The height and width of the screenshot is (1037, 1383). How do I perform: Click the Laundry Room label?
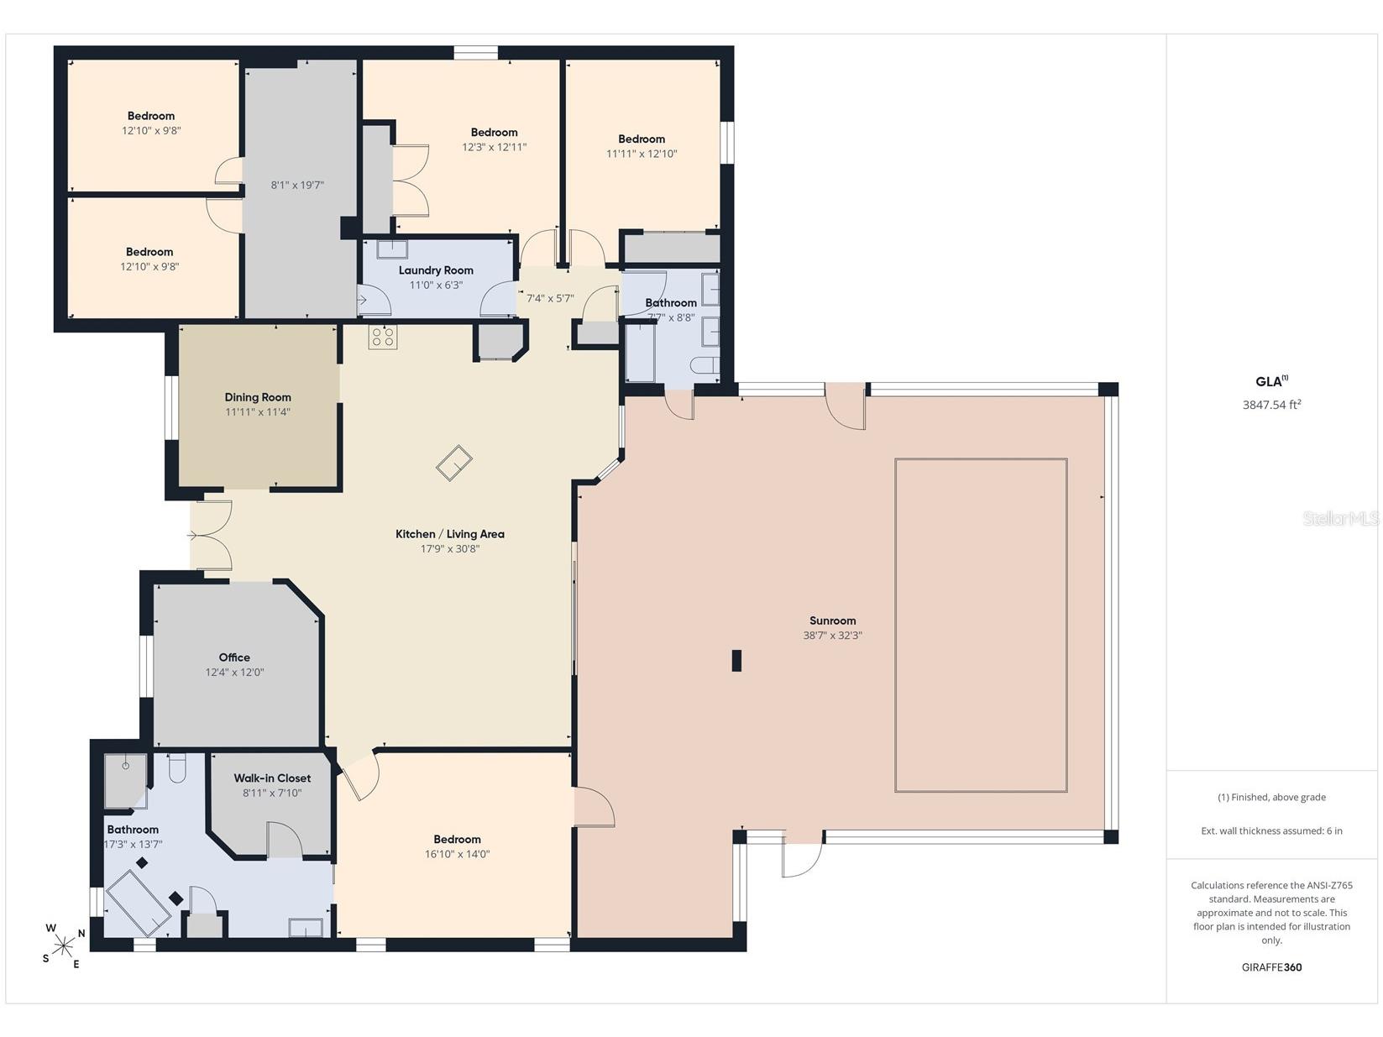[436, 270]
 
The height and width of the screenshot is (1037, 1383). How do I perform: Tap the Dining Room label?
[258, 397]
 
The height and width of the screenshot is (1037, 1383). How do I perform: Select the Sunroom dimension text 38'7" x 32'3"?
[832, 635]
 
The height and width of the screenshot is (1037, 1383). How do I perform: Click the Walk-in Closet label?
[272, 778]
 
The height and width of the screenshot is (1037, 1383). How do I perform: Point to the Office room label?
[234, 657]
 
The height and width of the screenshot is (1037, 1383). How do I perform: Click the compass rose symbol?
[64, 945]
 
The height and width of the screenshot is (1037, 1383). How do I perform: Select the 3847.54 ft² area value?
[1271, 405]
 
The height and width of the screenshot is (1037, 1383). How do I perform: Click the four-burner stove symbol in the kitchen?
[382, 337]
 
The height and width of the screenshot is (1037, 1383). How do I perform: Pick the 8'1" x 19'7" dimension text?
[297, 186]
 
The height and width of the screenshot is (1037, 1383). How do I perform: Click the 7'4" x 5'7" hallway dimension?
[550, 298]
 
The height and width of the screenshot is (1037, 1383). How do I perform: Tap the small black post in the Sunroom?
[736, 660]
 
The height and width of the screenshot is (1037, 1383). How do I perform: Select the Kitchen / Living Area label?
[450, 534]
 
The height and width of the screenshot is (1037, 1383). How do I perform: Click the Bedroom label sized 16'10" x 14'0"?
[457, 839]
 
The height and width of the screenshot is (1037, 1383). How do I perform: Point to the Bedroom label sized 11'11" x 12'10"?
[642, 139]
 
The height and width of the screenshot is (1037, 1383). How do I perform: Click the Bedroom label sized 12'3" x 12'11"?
[494, 133]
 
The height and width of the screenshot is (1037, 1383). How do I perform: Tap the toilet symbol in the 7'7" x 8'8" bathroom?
[705, 364]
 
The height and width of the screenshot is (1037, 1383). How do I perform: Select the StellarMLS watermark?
[1340, 519]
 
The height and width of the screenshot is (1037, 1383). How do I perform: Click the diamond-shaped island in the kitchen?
[453, 463]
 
